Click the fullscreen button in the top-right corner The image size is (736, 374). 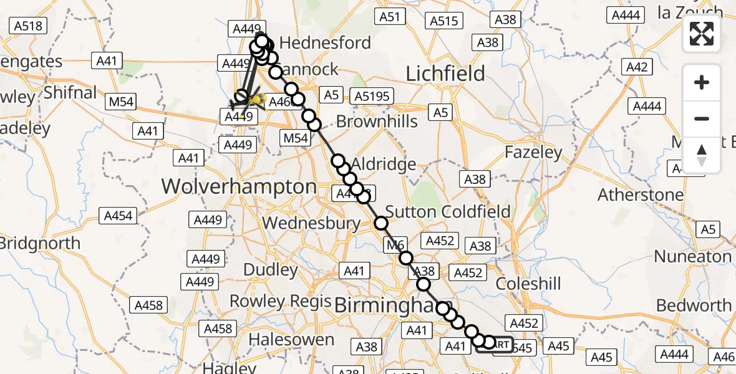click(x=702, y=34)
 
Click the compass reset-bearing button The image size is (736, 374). click(x=702, y=155)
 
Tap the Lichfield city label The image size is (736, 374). click(x=445, y=74)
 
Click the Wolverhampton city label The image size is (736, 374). click(x=240, y=186)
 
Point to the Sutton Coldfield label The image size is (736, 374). click(x=448, y=211)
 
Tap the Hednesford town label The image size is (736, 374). click(x=326, y=42)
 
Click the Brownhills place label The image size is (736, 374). click(x=377, y=121)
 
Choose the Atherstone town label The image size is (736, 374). click(x=641, y=195)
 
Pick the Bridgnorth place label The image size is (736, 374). click(x=41, y=242)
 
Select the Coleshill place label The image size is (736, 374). click(x=528, y=284)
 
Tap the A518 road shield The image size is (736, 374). click(x=28, y=26)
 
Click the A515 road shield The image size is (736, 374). click(x=444, y=21)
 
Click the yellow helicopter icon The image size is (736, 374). click(x=255, y=99)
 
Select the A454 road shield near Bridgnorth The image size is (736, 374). click(x=118, y=216)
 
